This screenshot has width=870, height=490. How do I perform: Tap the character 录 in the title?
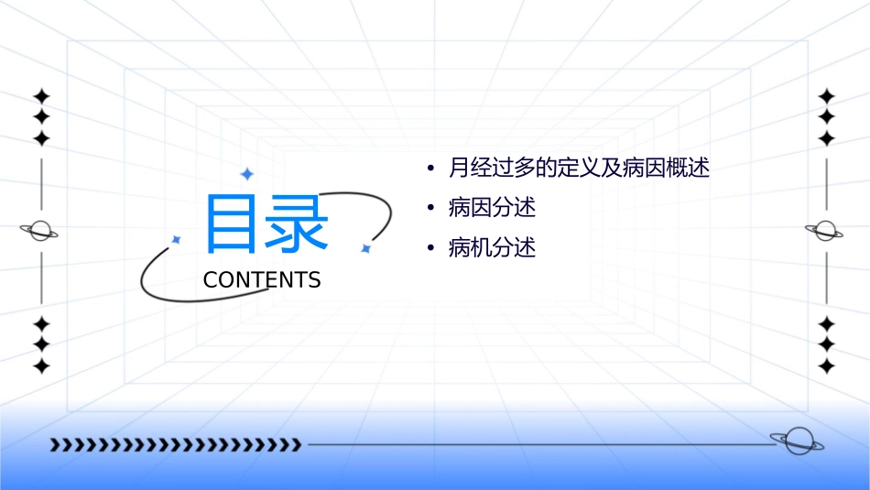point(298,223)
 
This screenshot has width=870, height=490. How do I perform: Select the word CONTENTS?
point(262,280)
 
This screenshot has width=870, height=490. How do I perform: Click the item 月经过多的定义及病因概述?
point(579,169)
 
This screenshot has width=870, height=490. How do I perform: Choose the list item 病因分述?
point(492,208)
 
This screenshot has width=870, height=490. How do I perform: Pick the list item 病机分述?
point(492,247)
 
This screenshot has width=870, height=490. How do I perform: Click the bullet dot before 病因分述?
point(430,209)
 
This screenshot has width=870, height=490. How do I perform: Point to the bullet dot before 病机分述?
point(430,248)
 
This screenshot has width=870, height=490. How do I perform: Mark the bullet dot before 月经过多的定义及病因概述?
point(430,169)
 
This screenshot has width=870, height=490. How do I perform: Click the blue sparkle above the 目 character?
point(246,174)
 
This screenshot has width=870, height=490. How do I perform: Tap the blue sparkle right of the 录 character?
point(364,248)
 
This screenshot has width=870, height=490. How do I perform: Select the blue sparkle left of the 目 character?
point(177,240)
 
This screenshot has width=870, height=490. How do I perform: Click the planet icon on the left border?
point(40,231)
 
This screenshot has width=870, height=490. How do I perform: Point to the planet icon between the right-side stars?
point(825,230)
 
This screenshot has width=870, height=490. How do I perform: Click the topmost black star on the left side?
point(41,95)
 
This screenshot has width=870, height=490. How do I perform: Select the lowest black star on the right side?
point(827,366)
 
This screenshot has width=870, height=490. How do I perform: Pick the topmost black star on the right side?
point(827,95)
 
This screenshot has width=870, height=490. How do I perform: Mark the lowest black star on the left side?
point(41,366)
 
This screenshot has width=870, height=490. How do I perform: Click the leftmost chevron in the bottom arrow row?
point(55,445)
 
